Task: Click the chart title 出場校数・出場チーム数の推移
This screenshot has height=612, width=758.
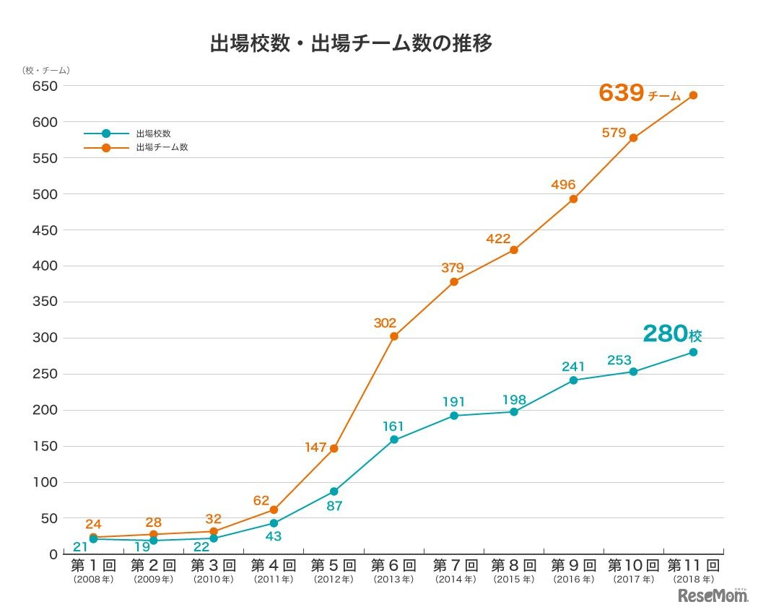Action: [351, 44]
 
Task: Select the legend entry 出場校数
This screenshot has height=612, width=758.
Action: [153, 134]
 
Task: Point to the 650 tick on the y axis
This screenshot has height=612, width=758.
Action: [43, 86]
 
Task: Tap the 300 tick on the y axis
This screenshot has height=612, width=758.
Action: [43, 338]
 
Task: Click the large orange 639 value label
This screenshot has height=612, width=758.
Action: [622, 93]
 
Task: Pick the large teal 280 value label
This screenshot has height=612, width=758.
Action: [664, 334]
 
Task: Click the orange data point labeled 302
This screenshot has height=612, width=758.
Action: [394, 336]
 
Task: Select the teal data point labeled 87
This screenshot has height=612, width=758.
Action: [334, 491]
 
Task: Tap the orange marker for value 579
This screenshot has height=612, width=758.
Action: [633, 137]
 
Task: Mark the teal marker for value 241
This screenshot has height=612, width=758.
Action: [573, 380]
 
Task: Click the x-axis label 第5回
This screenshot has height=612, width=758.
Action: [334, 565]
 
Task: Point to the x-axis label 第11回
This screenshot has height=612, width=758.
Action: [693, 565]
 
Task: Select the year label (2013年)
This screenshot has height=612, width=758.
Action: [393, 579]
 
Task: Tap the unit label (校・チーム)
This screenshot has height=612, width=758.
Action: [45, 70]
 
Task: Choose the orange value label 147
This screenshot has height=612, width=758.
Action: [316, 447]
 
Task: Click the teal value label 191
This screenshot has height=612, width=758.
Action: [454, 402]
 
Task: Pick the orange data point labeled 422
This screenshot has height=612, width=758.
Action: [513, 250]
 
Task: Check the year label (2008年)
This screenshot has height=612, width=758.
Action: [93, 579]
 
